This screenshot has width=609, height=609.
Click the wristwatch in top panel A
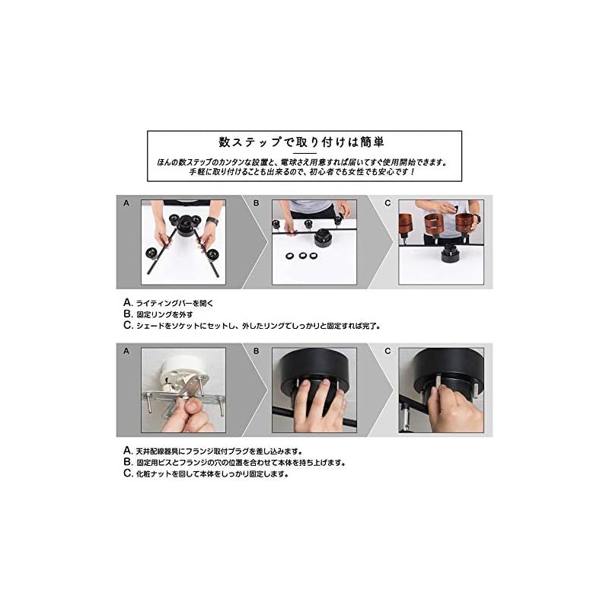211,221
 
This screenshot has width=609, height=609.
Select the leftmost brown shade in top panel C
413,224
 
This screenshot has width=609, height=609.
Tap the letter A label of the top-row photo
126,203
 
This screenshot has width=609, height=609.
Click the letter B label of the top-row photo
257,203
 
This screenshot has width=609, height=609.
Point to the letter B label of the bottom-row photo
257,352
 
